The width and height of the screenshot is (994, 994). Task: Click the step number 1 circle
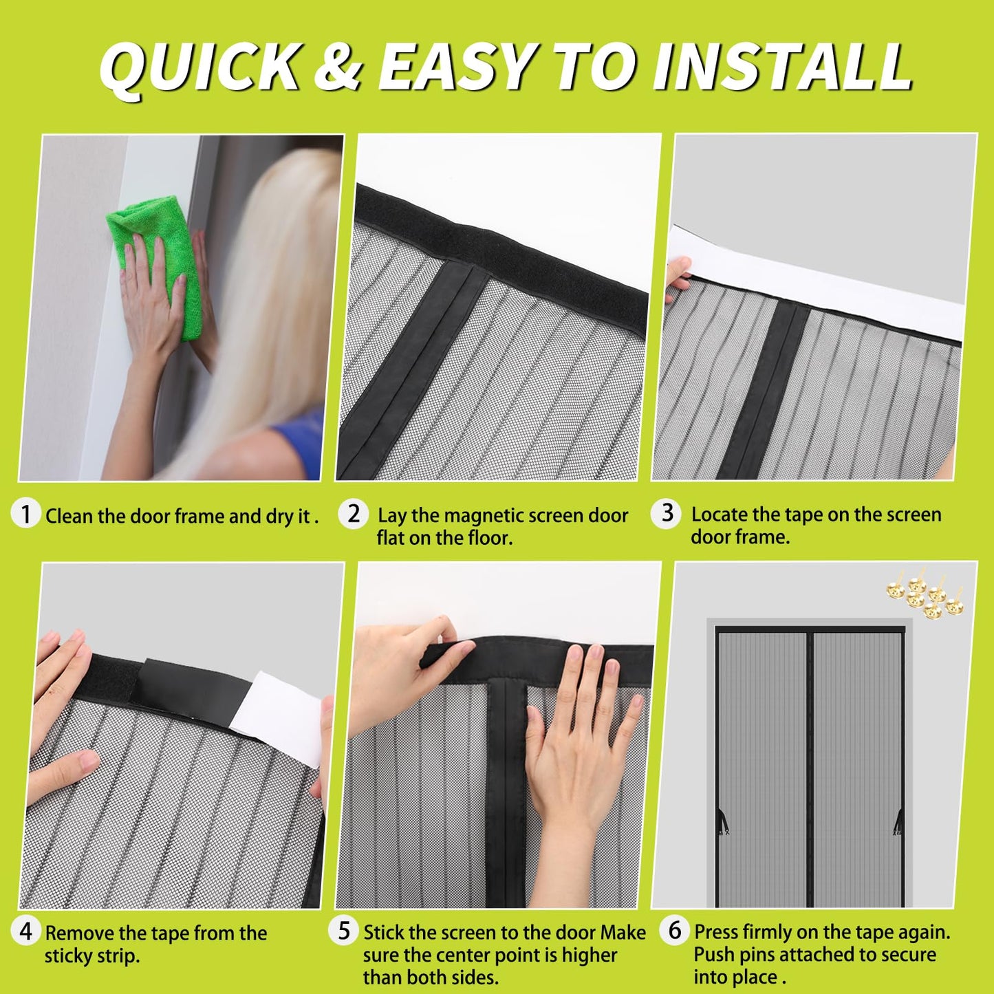(x=26, y=514)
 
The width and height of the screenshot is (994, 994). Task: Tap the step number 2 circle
(x=354, y=514)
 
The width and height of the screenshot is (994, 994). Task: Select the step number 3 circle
(x=667, y=513)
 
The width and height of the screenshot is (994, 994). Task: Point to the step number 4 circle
(x=26, y=931)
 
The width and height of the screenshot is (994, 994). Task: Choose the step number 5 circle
(x=344, y=931)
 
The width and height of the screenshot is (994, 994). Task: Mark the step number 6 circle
(x=675, y=930)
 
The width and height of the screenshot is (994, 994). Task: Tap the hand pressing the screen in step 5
(x=578, y=743)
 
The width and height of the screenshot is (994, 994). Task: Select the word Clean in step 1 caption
(x=69, y=516)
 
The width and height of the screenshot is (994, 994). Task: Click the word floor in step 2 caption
(x=489, y=537)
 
